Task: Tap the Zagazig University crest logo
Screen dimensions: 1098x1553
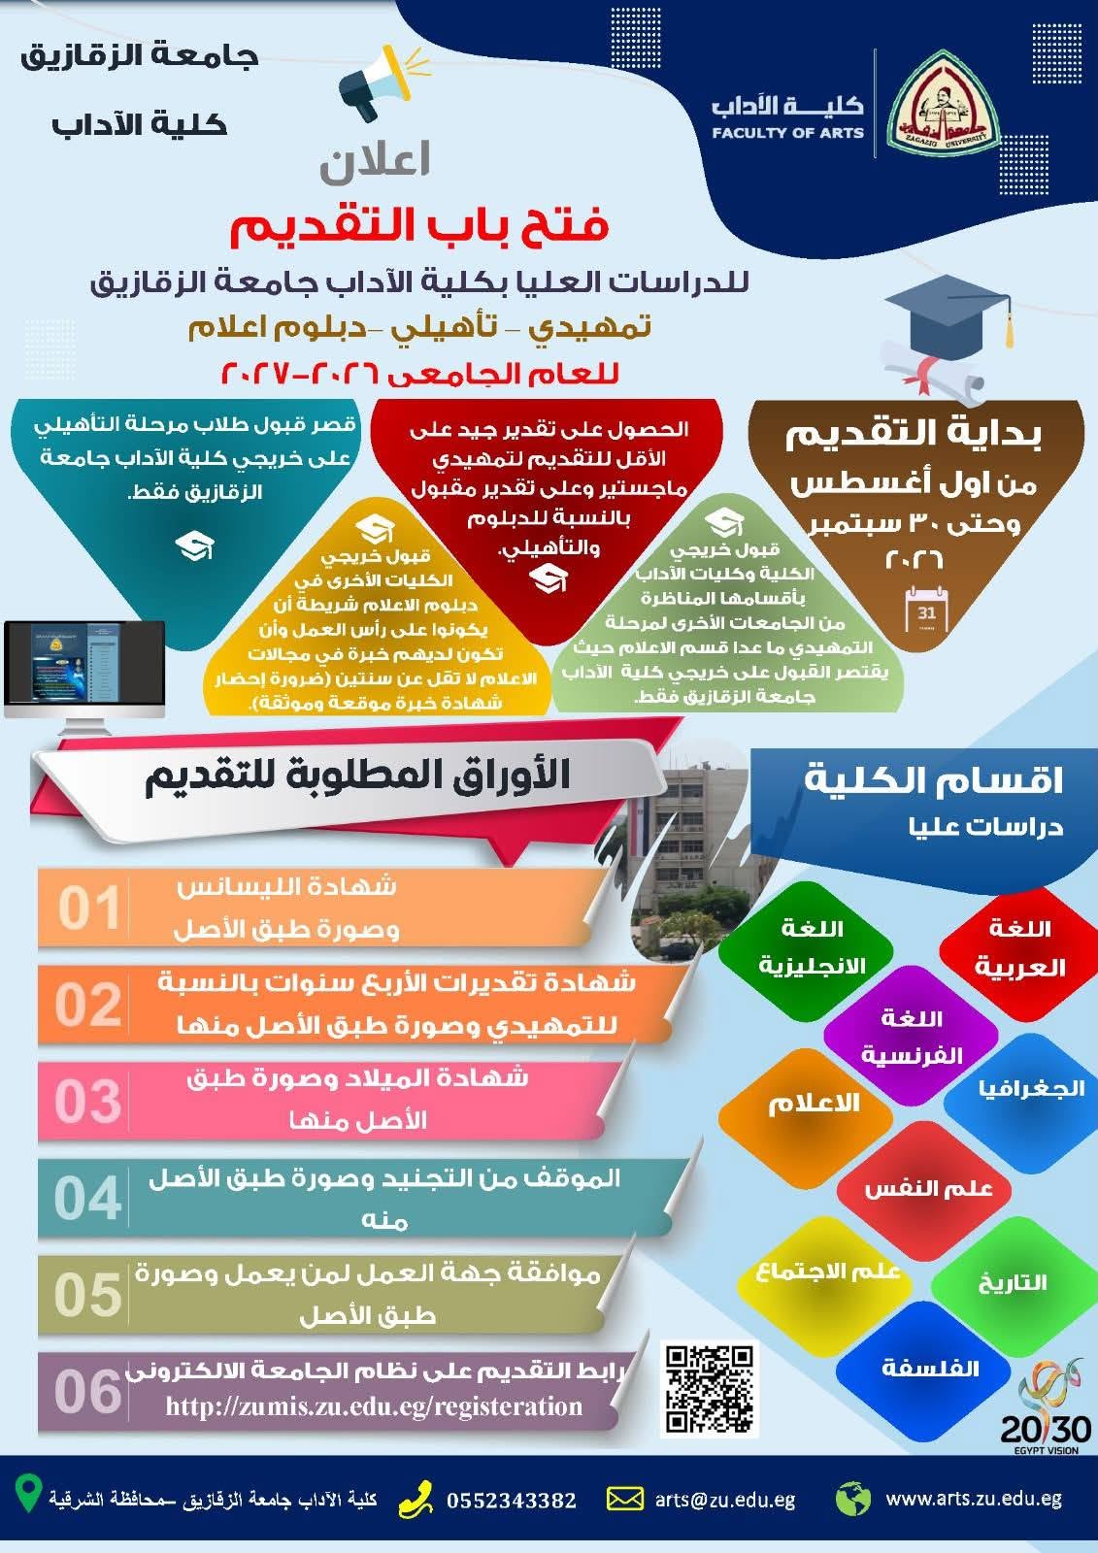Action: coord(944,103)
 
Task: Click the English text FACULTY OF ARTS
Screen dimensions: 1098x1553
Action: coord(788,132)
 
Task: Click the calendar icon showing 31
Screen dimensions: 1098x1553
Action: coord(927,608)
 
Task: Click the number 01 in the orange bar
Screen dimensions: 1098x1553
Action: coord(88,909)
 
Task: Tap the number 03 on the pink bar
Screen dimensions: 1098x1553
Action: coord(87,1101)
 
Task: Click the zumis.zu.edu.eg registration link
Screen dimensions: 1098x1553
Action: coord(374,1405)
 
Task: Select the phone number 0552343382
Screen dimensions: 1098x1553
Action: coord(512,1501)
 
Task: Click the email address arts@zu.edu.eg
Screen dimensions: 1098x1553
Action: coord(725,1500)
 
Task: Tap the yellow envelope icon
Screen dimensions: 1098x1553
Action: coord(625,1500)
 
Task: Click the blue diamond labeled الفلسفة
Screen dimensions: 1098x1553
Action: coord(931,1367)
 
